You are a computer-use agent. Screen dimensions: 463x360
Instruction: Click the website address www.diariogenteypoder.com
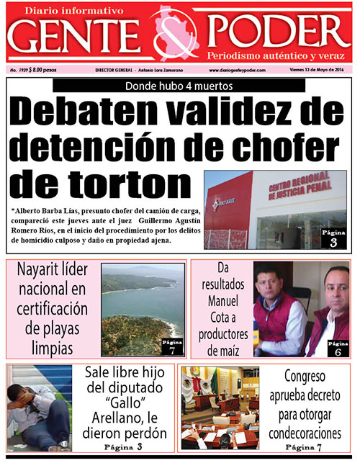tap(237, 70)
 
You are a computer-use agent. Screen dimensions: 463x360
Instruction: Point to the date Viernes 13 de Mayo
tap(317, 70)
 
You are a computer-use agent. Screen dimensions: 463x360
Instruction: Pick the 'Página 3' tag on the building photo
tap(333, 238)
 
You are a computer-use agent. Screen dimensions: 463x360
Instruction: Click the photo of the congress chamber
tap(219, 408)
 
